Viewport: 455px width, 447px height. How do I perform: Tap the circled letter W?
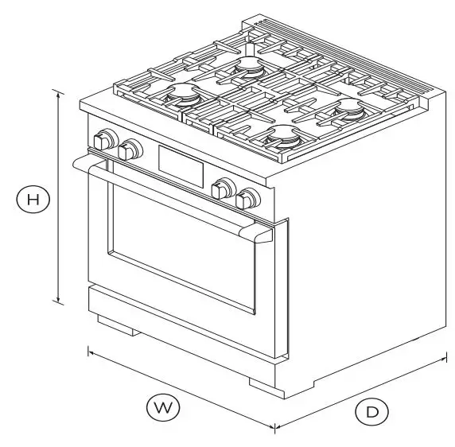(163, 408)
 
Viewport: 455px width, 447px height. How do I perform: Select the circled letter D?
(371, 411)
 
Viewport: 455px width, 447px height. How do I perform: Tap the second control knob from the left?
(128, 148)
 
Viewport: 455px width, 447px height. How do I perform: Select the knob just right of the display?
(224, 189)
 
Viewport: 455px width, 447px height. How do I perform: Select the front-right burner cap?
(284, 138)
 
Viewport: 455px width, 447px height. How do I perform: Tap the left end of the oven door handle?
(77, 162)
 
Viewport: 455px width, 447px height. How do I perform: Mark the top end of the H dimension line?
(58, 91)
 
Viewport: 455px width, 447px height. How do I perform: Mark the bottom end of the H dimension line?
(58, 301)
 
